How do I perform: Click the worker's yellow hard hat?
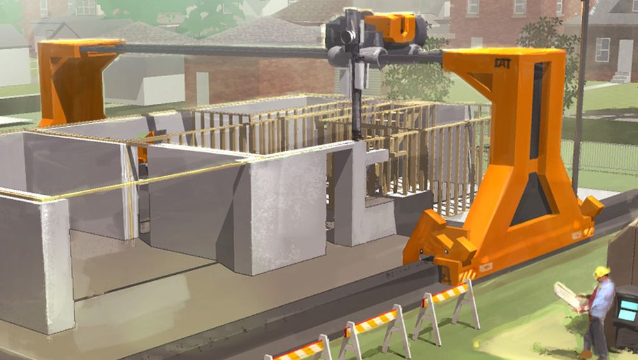click(601, 272)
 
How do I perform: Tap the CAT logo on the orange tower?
click(502, 63)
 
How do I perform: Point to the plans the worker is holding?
click(567, 295)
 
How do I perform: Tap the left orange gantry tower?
click(72, 80)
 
